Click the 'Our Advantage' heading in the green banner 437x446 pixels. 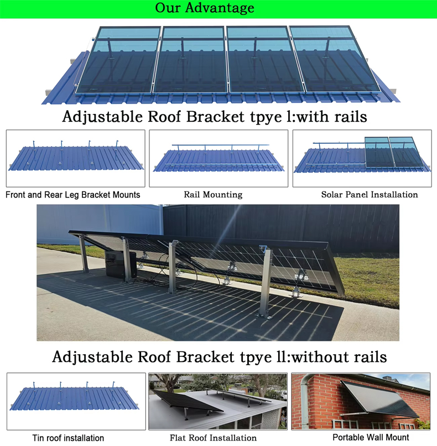pos(205,8)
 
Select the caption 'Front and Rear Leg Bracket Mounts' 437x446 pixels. pos(73,195)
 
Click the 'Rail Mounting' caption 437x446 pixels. pos(213,195)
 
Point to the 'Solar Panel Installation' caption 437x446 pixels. pos(370,195)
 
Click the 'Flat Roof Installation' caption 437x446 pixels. pos(213,438)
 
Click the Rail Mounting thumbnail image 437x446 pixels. pos(218,158)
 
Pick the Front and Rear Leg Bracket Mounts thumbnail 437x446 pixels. pos(76,158)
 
